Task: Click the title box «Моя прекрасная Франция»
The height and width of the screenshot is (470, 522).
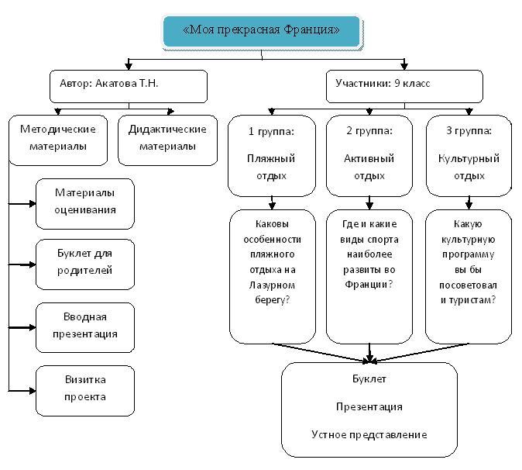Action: (x=261, y=31)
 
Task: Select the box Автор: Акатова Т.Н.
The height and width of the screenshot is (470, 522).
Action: (x=129, y=86)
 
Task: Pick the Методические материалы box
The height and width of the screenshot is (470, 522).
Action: (x=58, y=139)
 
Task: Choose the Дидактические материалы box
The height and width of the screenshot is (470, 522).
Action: (x=167, y=139)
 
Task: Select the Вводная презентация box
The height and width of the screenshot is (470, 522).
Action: (x=85, y=326)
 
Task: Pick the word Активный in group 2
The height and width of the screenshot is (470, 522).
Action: (x=369, y=159)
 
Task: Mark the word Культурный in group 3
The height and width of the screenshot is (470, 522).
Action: (x=469, y=159)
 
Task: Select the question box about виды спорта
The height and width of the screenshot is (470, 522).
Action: (x=369, y=275)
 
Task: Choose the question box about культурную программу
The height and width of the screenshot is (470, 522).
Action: (x=469, y=275)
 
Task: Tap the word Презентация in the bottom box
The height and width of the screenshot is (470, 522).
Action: (x=369, y=406)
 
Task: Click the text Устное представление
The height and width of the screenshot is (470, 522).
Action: (x=369, y=434)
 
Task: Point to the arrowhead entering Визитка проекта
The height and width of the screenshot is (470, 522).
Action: (x=32, y=389)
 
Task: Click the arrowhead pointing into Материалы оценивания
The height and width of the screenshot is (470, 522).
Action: (x=32, y=204)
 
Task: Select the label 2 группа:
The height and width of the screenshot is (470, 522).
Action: (x=369, y=130)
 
